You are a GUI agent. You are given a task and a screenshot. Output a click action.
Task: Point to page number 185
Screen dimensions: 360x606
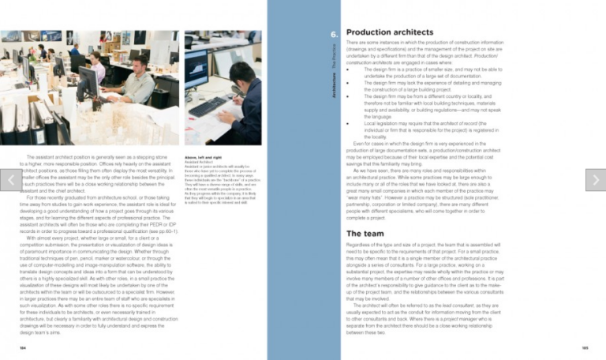coord(585,347)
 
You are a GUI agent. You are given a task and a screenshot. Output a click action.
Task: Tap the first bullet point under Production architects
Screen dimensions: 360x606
coord(349,69)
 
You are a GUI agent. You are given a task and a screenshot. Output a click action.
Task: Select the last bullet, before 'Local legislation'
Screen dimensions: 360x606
coord(349,124)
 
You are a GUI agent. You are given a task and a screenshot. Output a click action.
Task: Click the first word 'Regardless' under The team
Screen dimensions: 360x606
coord(360,248)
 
